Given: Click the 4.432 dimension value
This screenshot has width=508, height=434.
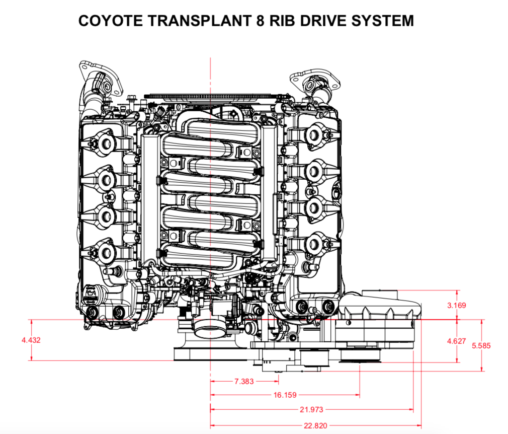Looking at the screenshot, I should coord(31,340).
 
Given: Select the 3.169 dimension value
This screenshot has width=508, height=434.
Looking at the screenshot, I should coord(456,305).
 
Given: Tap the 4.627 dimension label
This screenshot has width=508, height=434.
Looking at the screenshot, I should coord(456,341).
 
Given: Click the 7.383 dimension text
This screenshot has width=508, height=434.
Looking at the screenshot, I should coord(244,381).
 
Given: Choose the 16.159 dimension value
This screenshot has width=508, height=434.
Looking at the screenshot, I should coord(285,395).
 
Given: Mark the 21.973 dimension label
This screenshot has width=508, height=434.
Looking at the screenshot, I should coord(312,409).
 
